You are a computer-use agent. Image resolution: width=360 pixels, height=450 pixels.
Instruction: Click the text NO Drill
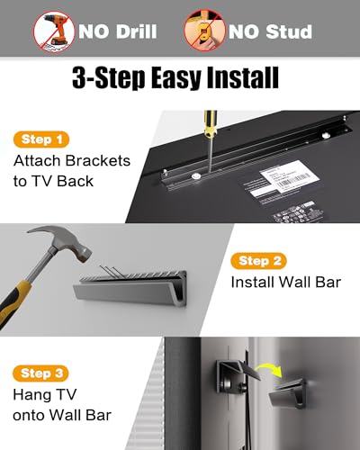click(x=118, y=32)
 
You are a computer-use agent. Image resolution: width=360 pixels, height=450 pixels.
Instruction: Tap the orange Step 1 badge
click(x=41, y=139)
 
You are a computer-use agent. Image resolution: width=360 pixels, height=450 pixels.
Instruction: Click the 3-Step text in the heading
click(x=103, y=79)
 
